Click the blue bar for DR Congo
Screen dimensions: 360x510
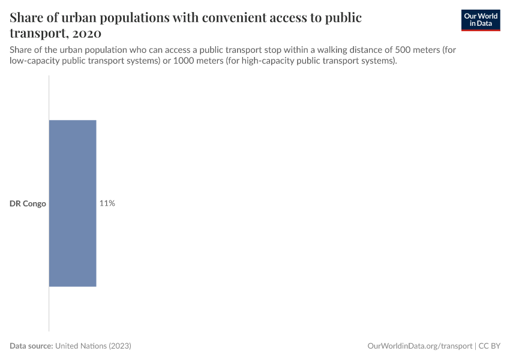click(73, 203)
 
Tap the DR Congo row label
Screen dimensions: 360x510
click(28, 204)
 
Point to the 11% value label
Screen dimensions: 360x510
click(107, 203)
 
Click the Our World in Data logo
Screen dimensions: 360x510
click(481, 20)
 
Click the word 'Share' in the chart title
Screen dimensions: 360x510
click(28, 17)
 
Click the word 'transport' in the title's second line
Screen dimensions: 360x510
click(38, 33)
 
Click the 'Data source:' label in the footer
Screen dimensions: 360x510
click(31, 346)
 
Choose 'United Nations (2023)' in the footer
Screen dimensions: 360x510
click(93, 346)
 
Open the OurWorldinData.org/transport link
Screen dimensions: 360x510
click(419, 346)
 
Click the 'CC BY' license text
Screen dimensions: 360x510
click(489, 346)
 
